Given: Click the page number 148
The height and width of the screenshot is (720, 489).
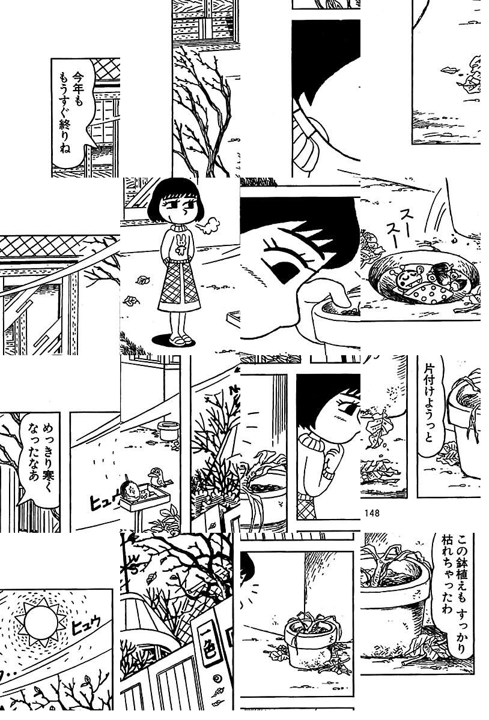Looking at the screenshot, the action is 372,513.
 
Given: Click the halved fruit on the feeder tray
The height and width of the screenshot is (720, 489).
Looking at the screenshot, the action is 130,491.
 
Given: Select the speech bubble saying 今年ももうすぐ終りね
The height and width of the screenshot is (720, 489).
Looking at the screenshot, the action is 73,113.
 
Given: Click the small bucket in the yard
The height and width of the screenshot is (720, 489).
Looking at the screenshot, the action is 168,431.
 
